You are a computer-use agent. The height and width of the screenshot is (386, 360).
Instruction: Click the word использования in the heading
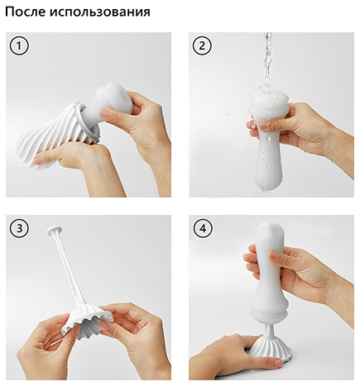[x=102, y=12]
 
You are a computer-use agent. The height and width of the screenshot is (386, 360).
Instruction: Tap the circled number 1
[x=19, y=45]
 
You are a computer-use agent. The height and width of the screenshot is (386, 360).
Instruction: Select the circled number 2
[x=202, y=45]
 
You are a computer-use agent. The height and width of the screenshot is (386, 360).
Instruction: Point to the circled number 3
[x=19, y=228]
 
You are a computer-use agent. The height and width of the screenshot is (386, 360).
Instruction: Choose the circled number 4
[x=203, y=228]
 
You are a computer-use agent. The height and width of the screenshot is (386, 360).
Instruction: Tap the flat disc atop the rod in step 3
[x=55, y=231]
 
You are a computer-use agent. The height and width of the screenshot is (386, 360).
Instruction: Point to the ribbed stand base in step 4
[x=267, y=350]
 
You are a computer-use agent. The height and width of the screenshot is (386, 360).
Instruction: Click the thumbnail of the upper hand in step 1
[x=104, y=113]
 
